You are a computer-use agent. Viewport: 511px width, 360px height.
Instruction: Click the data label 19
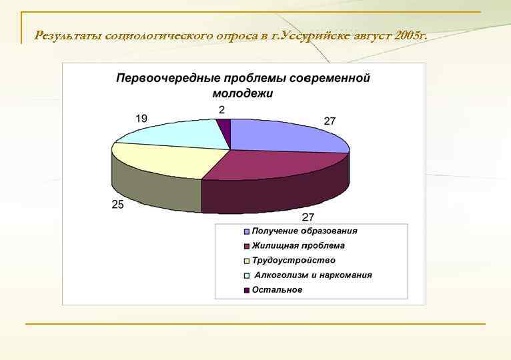coord(141,118)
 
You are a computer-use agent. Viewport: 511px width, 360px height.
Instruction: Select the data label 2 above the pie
coord(221,109)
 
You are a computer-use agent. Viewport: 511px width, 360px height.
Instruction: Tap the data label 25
coord(117,205)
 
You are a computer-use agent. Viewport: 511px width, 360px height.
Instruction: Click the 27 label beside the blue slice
coord(330,121)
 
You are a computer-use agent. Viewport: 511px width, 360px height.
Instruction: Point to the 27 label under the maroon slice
coord(308,217)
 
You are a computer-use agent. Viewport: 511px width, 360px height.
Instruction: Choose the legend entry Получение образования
coord(304,231)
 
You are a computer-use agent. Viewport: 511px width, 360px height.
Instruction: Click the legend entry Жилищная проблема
coord(298,246)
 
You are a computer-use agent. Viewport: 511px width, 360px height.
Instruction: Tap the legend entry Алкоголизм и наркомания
coord(313,275)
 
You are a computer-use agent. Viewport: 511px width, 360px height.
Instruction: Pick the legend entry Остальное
coord(277,290)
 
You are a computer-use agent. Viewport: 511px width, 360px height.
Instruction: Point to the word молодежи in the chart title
coord(243,93)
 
